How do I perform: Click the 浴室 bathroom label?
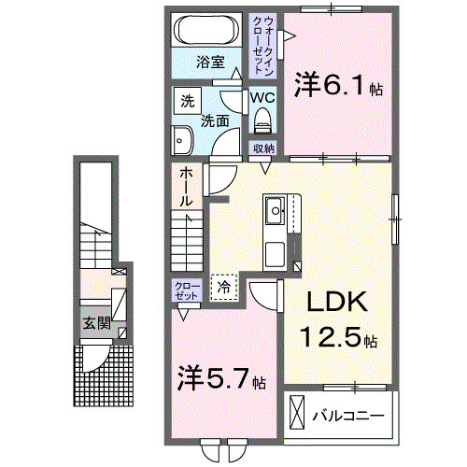[x=210, y=63]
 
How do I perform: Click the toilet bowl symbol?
[x=262, y=119]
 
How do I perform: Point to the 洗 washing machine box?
[x=187, y=101]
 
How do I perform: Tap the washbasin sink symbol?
[x=180, y=141]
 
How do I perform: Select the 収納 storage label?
[x=262, y=148]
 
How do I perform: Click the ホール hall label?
[x=187, y=186]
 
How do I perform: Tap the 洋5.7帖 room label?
[x=222, y=381]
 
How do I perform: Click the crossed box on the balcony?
[x=297, y=412]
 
